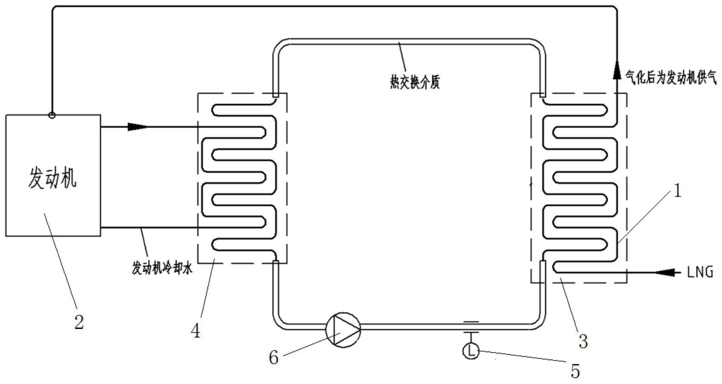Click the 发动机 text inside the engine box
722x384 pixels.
coord(52,178)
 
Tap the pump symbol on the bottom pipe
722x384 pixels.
coord(343,330)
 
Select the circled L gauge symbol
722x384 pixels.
coord(471,351)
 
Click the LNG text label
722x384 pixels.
coord(700,272)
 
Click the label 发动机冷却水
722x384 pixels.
coord(162,268)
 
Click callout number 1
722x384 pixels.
coord(677,191)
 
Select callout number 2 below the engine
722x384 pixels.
coord(79,322)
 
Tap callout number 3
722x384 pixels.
coord(583,341)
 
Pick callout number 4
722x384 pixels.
coord(195,331)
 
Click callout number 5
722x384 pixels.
coord(575,371)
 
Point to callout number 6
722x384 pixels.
coord(274,357)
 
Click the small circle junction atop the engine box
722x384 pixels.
coord(52,115)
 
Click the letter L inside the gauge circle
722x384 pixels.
coord(471,351)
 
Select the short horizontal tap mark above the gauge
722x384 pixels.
coord(471,322)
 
